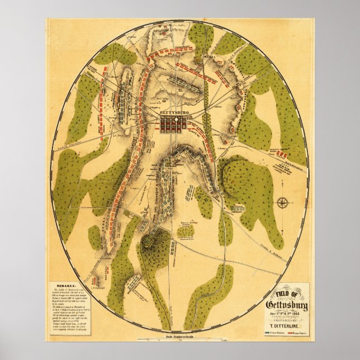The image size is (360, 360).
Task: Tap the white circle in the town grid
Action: point(176,120)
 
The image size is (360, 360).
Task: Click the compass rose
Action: point(283,202)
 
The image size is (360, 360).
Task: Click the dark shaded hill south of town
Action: point(153,241)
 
